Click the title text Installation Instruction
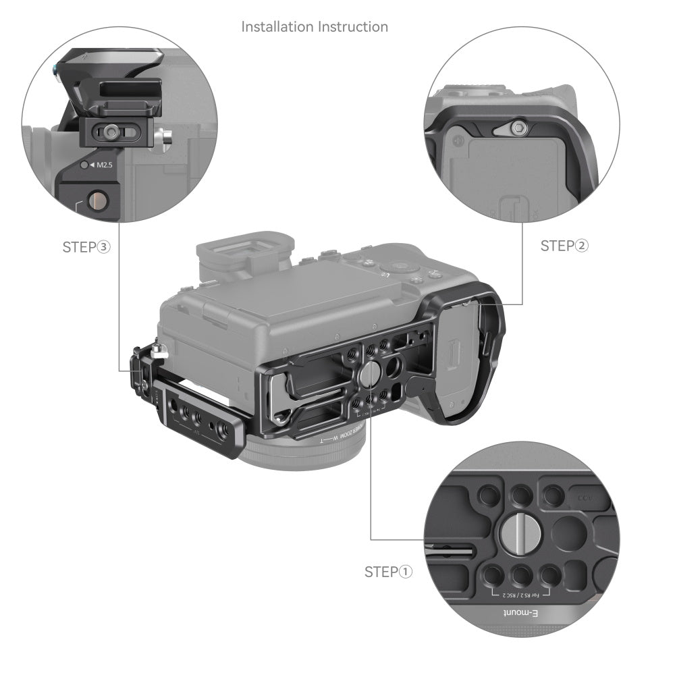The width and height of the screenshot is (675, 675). [315, 27]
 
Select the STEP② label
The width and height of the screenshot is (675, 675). [564, 246]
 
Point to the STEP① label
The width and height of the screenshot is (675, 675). [388, 572]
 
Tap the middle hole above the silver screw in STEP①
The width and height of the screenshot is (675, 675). [520, 497]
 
